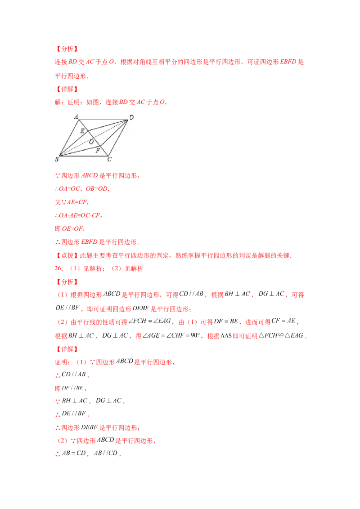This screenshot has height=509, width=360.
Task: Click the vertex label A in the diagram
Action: click(76, 116)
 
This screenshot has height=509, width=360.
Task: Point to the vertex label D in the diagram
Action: click(131, 117)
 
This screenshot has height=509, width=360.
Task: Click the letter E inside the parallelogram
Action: click(82, 131)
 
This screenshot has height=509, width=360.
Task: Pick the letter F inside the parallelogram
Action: click(98, 151)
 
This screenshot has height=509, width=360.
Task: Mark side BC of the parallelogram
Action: click(83, 156)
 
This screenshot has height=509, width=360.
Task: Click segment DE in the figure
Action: click(108, 125)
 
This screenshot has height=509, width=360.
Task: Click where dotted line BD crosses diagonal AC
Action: click(94, 138)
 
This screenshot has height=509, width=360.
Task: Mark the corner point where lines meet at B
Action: click(59, 156)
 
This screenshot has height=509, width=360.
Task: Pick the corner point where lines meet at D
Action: click(128, 120)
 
